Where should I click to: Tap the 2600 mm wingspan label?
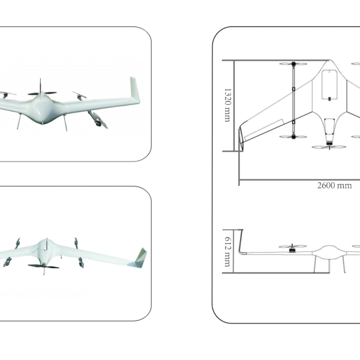pos(334,185)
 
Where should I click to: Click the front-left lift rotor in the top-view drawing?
pos(293,64)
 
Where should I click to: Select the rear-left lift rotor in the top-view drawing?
pos(293,137)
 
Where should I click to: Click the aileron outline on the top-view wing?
pos(264,127)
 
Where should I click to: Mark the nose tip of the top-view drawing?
pos(329,61)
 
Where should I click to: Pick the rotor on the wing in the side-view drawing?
pos(293,248)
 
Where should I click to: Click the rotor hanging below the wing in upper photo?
pos(97,118)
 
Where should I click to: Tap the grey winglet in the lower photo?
pos(140,257)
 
